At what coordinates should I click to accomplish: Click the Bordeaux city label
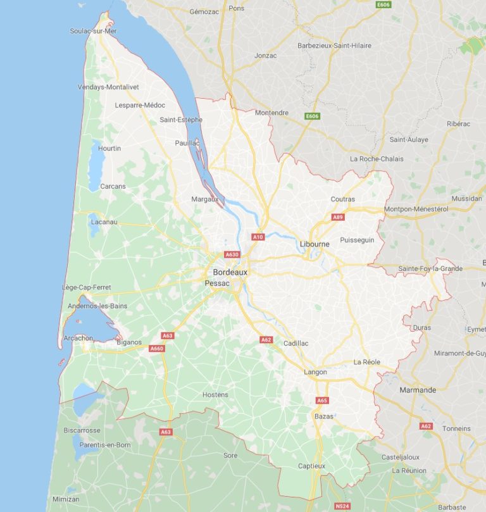click(x=230, y=272)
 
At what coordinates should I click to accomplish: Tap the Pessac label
click(x=218, y=284)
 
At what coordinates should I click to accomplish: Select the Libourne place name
click(x=315, y=244)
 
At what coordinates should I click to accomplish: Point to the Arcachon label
click(x=78, y=338)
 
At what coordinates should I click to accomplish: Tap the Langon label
click(x=315, y=372)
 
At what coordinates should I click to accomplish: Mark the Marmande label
click(x=418, y=390)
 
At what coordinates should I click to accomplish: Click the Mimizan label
click(x=66, y=499)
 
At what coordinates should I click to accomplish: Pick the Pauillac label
click(x=187, y=143)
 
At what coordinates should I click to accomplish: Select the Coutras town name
click(x=343, y=199)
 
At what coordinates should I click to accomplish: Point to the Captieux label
click(x=311, y=466)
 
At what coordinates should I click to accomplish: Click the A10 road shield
click(x=258, y=237)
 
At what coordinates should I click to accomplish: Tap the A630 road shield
click(x=232, y=254)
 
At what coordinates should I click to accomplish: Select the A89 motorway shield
click(x=338, y=217)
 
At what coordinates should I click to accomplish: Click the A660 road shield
click(x=156, y=348)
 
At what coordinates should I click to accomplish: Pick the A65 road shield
click(x=322, y=400)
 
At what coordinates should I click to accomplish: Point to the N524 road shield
click(x=342, y=506)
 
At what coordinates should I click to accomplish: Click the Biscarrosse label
click(x=82, y=430)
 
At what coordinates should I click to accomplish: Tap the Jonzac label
click(x=265, y=56)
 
